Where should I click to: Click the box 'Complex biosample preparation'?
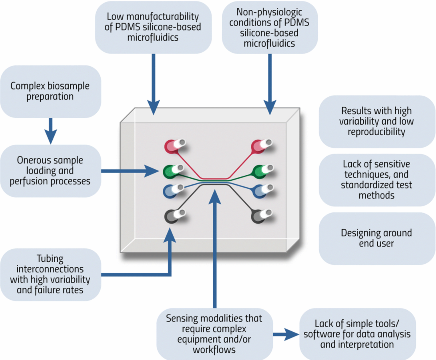(x=50, y=91)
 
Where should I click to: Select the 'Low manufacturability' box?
(x=153, y=27)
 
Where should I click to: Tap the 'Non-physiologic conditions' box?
(x=269, y=27)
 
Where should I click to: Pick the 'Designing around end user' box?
(x=377, y=238)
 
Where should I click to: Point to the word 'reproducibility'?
(x=376, y=132)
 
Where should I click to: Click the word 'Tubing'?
(x=50, y=259)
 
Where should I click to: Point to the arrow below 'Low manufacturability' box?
(x=153, y=84)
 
